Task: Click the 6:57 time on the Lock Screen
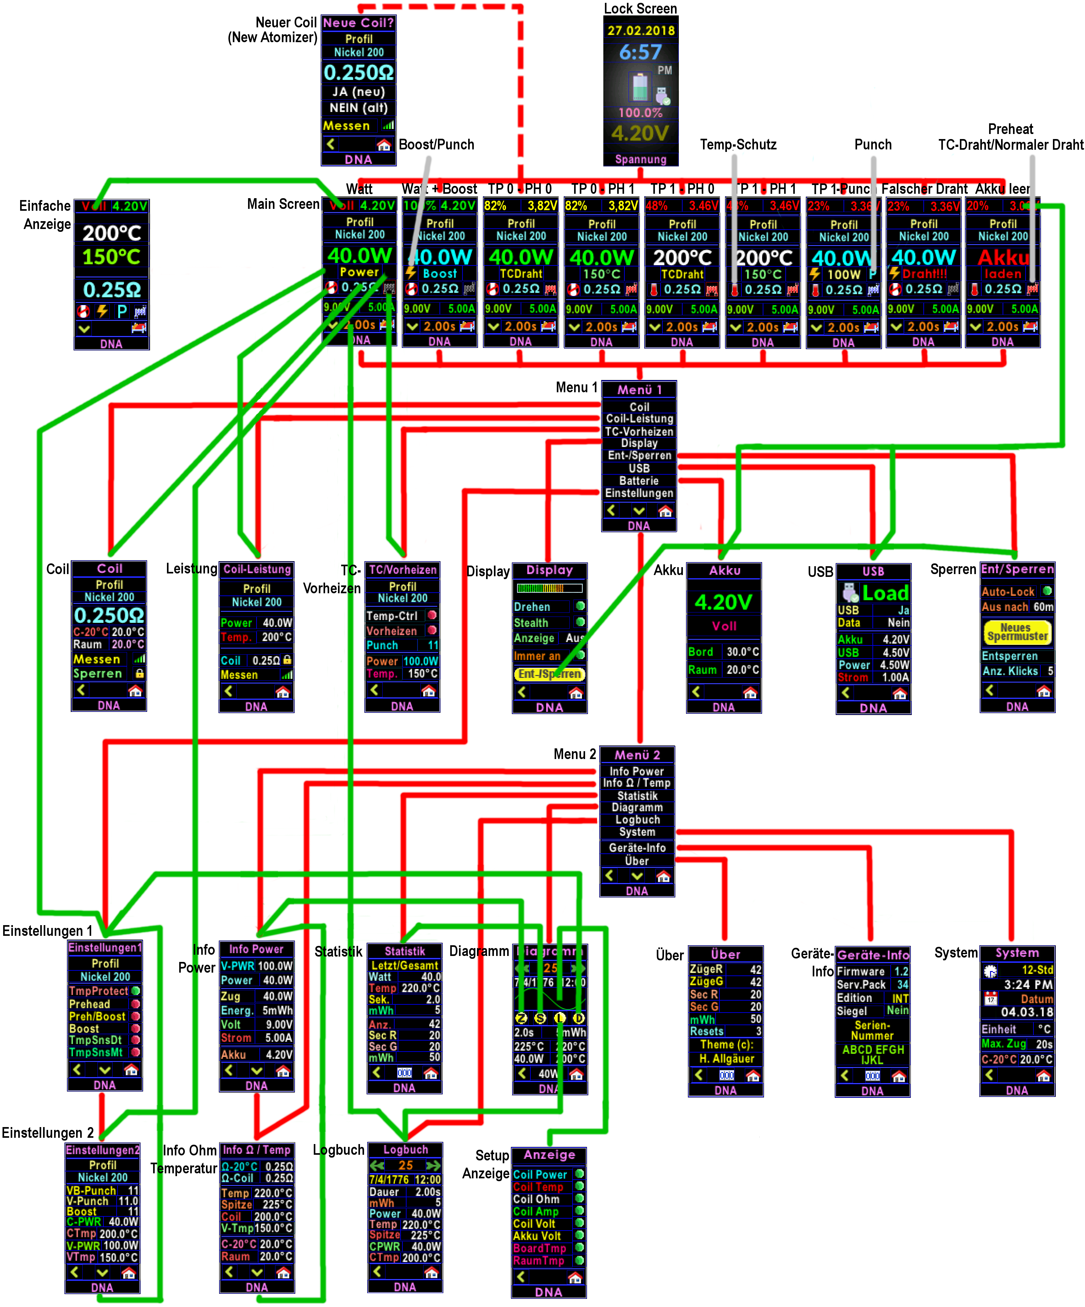pos(640,52)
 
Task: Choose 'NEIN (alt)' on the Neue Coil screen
pos(358,108)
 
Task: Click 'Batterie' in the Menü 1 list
pos(639,480)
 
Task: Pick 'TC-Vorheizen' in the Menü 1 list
pos(639,431)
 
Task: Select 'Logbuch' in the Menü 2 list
pos(637,820)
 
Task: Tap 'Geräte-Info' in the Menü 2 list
pos(637,848)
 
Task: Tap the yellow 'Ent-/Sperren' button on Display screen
pos(549,674)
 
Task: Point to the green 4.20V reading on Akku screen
pos(723,602)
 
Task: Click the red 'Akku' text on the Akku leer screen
pos(1003,257)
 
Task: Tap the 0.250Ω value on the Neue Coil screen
pos(358,72)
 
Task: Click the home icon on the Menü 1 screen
pos(665,511)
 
